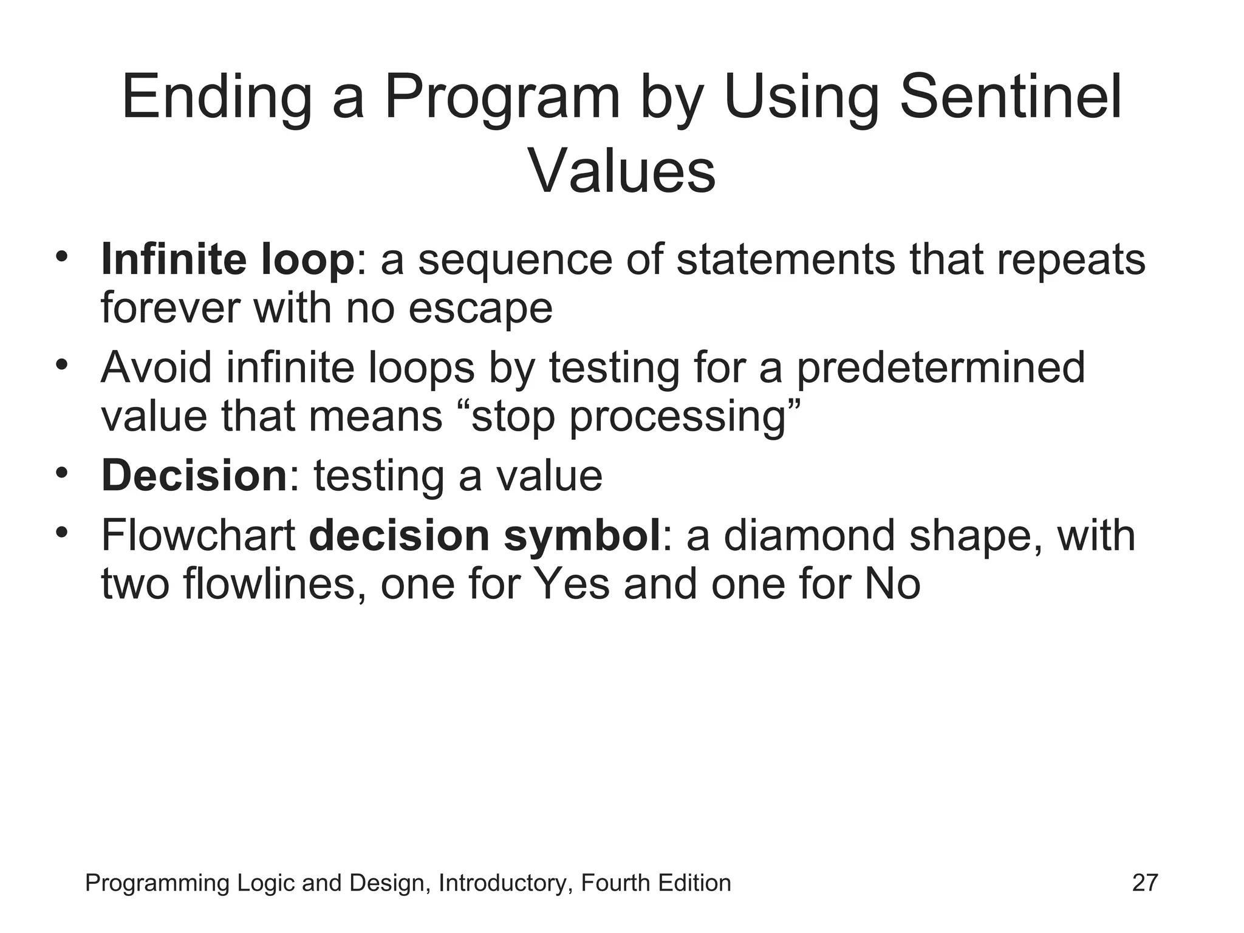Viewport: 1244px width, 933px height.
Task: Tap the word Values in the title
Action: tap(621, 171)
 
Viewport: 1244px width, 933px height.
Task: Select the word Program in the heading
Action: tap(502, 97)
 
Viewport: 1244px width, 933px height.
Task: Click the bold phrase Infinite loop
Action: tap(227, 259)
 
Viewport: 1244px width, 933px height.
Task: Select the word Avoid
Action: tap(157, 367)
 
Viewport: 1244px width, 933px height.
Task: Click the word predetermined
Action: tap(940, 369)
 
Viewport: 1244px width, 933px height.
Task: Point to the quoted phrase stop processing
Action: tap(635, 417)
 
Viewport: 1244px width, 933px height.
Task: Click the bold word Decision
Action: tap(193, 476)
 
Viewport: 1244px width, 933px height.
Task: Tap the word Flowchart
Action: tap(198, 536)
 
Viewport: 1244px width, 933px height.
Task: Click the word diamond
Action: tap(810, 536)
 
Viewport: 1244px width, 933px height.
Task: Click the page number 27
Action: tap(1145, 883)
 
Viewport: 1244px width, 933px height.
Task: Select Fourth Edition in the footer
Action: tap(655, 883)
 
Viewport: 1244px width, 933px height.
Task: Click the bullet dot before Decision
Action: tap(61, 472)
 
